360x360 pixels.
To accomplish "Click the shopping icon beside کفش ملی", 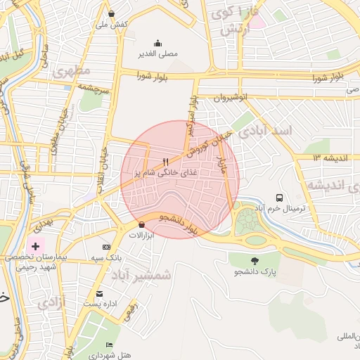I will [x=112, y=13].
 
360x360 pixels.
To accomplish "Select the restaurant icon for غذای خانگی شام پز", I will [x=165, y=162].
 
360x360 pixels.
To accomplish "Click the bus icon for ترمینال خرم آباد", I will [x=280, y=198].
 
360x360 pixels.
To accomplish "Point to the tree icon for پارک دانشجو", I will [x=255, y=261].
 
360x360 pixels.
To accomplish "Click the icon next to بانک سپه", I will [x=106, y=247].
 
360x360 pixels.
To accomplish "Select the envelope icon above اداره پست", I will [x=99, y=293].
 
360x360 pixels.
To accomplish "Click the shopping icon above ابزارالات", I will [x=142, y=224].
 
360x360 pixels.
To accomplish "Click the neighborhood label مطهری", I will [x=72, y=71].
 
